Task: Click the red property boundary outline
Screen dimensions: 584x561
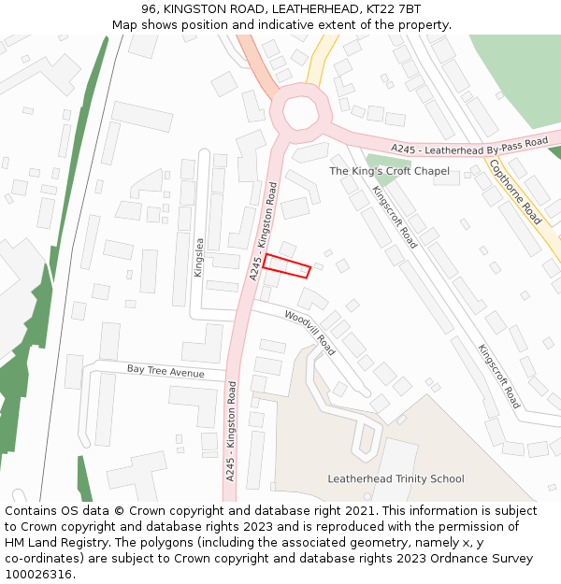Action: click(x=286, y=265)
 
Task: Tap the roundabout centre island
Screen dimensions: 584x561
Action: click(x=301, y=113)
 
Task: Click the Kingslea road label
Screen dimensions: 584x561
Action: click(x=198, y=257)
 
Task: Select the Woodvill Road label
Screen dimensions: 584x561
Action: click(x=309, y=333)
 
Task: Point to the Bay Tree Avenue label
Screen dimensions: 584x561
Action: click(x=165, y=371)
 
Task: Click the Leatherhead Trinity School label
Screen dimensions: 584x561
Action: click(x=396, y=479)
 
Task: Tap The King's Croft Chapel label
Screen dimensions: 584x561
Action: click(x=389, y=171)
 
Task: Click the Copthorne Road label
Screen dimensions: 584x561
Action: click(x=515, y=192)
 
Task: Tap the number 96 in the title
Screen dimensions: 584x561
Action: click(x=150, y=9)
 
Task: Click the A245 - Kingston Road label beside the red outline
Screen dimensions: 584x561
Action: click(x=263, y=231)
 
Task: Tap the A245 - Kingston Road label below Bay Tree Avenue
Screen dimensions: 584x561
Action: click(x=230, y=431)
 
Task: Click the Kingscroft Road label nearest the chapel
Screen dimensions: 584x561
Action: click(x=395, y=216)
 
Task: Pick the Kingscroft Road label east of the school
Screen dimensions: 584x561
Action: click(x=499, y=377)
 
